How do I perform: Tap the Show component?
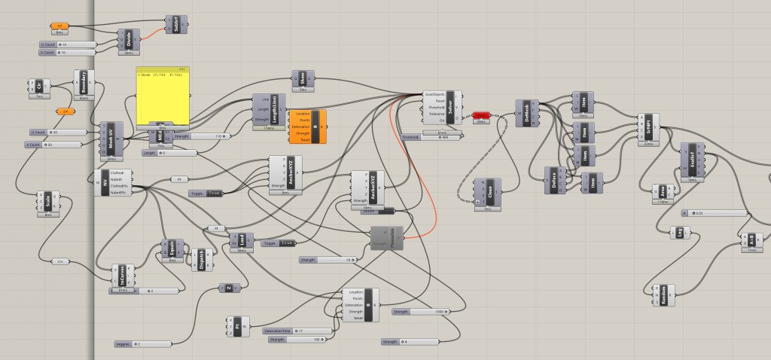pyautogui.click(x=303, y=80)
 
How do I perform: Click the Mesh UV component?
pyautogui.click(x=110, y=140)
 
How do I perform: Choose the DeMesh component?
pyautogui.click(x=526, y=113)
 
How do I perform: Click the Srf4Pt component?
pyautogui.click(x=648, y=129)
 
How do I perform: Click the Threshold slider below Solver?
pyautogui.click(x=428, y=137)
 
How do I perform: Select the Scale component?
pyautogui.click(x=48, y=202)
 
